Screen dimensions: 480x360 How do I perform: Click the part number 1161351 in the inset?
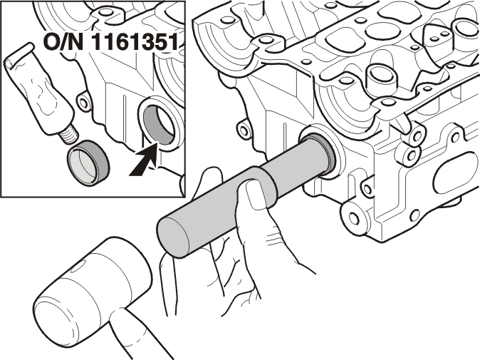pos(135,42)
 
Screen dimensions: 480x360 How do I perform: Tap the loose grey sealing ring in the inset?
pos(88,163)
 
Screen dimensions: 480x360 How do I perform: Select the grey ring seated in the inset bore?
pos(160,125)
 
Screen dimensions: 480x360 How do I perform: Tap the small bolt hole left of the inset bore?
pos(83,103)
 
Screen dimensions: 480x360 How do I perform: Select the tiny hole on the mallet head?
pos(75,270)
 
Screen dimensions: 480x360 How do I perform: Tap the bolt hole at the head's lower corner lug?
pos(353,218)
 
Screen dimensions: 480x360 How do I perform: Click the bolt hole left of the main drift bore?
pos(244,130)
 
